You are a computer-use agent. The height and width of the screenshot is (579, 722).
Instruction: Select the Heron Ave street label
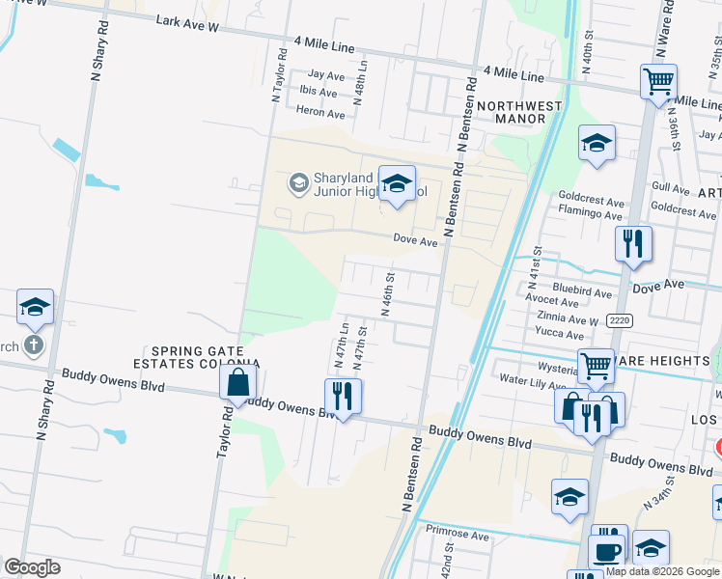320,113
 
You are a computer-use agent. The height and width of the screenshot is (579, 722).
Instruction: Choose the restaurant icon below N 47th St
343,395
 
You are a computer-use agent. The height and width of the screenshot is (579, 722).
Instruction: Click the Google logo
32,567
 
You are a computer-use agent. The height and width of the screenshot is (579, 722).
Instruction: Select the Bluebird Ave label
582,290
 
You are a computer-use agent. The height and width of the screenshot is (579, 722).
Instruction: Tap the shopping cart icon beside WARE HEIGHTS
596,366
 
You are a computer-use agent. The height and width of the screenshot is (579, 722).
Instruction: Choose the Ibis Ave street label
319,93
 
